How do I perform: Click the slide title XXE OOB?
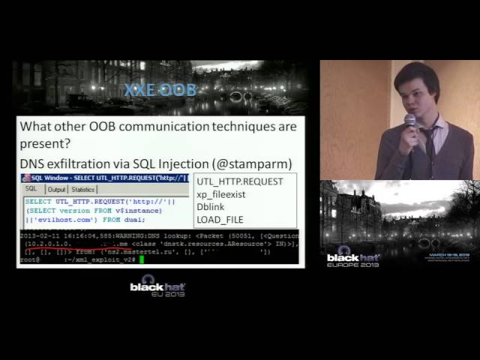(x=160, y=91)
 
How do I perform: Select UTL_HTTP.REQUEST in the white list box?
(x=239, y=181)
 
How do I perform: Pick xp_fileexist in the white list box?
(x=220, y=194)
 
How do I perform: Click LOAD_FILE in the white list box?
(x=219, y=220)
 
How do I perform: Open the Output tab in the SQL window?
(x=57, y=190)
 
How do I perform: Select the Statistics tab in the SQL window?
(x=83, y=190)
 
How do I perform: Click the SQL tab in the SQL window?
(x=31, y=190)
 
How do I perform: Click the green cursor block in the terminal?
(x=141, y=259)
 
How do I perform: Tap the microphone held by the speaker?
(x=409, y=121)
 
